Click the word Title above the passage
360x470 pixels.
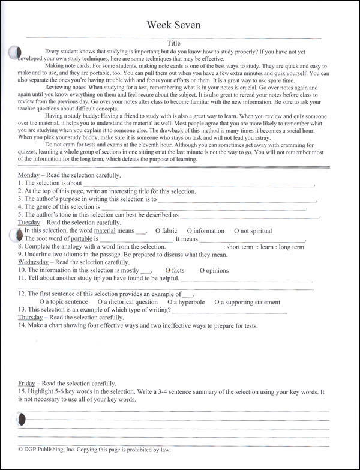click(173, 43)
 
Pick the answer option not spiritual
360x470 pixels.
click(252, 231)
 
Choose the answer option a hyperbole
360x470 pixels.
click(186, 302)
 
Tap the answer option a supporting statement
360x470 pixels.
click(247, 302)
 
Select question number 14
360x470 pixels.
click(22, 325)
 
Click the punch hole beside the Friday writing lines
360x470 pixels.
click(22, 418)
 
